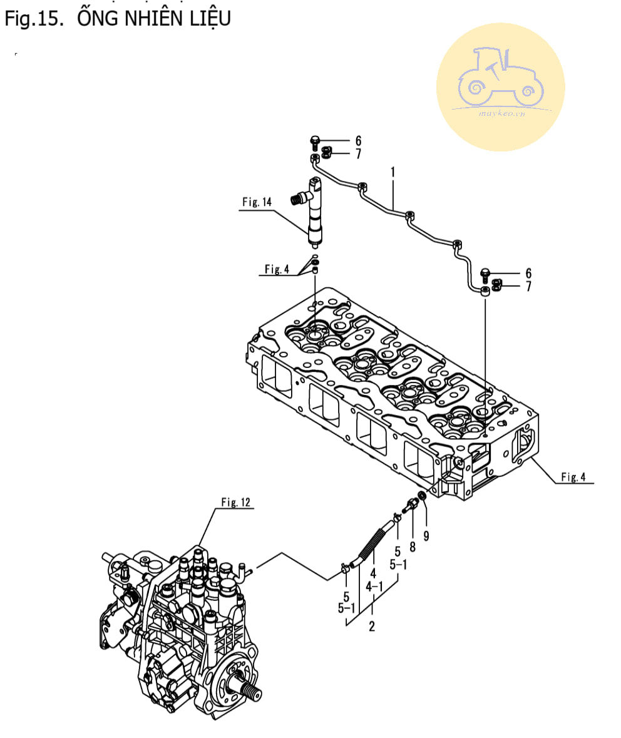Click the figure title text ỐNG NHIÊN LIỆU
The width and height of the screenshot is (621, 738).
point(154,18)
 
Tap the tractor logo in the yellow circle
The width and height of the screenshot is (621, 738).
point(500,77)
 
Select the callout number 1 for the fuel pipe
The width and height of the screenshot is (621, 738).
point(393,172)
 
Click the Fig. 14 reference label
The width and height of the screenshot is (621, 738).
point(257,202)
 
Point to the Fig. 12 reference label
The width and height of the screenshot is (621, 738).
point(236,502)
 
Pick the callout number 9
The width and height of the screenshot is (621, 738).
point(426,536)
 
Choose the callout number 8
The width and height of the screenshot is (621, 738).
point(413,547)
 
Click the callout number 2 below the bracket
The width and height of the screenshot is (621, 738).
point(371,627)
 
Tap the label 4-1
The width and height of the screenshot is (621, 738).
point(374,587)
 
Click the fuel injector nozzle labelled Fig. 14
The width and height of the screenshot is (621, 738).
point(314,212)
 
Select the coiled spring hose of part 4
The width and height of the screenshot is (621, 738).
point(372,544)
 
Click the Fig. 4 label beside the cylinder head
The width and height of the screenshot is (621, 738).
point(573,477)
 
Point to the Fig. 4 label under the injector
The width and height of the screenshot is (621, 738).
point(277,269)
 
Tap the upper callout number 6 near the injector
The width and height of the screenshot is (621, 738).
point(358,141)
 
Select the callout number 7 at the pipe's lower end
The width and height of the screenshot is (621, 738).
point(529,286)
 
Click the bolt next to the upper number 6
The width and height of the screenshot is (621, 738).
point(315,143)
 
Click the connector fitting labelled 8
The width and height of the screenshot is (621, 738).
point(409,506)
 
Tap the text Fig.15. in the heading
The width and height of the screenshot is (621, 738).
point(34,18)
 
